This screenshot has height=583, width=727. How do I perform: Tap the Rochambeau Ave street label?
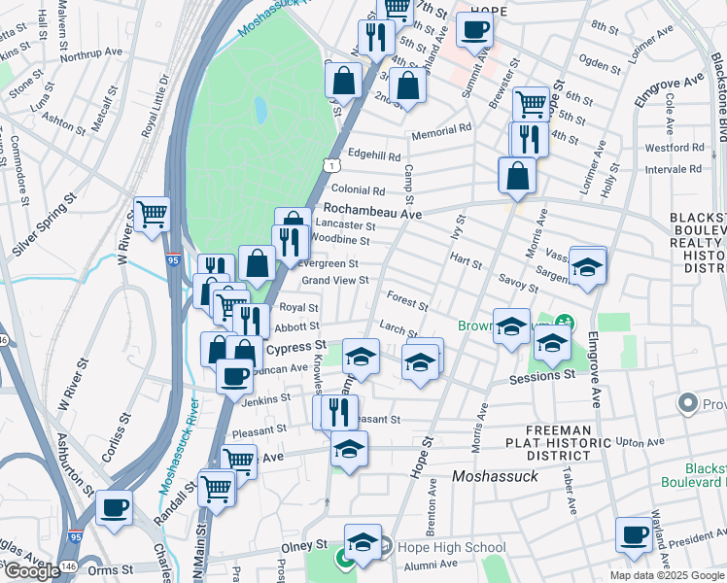tap(373, 210)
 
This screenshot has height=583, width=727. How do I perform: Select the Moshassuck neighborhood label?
tap(502, 476)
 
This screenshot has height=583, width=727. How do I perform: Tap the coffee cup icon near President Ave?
tap(635, 533)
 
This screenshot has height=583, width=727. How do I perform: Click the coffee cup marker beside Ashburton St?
tap(115, 506)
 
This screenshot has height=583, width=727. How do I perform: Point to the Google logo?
tap(32, 571)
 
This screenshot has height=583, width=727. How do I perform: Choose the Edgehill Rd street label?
tap(374, 155)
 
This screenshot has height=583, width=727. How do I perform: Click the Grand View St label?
tap(335, 281)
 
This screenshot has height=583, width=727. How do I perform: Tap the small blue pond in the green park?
tap(260, 110)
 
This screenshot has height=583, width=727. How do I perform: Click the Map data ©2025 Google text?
tap(668, 575)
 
